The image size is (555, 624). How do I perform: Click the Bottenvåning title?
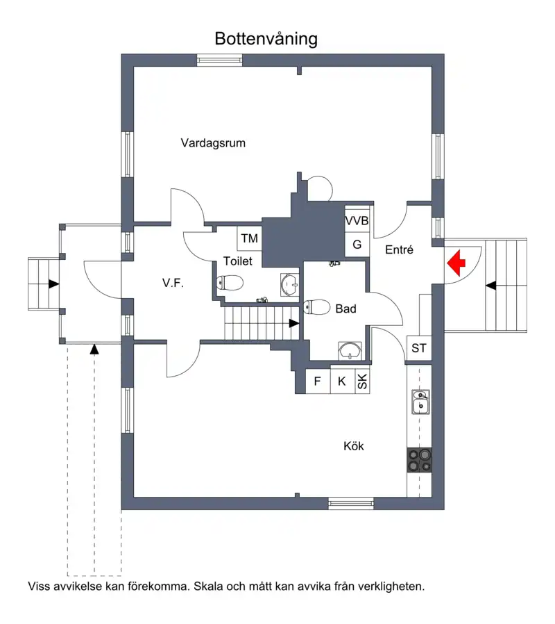click(266, 39)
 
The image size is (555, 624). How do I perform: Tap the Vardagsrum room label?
click(213, 143)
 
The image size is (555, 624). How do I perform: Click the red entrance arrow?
click(456, 263)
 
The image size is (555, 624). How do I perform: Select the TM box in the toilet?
click(250, 238)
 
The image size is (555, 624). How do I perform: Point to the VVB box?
click(357, 220)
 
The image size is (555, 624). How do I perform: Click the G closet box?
click(357, 245)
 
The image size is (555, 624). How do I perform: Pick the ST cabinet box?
click(419, 348)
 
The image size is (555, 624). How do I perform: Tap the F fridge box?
click(318, 381)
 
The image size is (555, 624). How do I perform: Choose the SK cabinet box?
click(362, 381)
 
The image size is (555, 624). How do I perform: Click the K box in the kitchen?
click(342, 381)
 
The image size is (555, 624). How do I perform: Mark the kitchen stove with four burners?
click(419, 460)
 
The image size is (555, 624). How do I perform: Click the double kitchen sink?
click(420, 402)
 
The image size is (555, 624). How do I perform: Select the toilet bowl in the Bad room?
click(316, 307)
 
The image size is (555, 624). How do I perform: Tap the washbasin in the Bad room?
click(350, 351)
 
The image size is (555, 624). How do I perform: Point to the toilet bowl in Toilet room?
click(230, 283)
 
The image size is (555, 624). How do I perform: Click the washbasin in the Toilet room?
click(289, 284)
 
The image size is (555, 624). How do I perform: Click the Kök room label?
click(354, 446)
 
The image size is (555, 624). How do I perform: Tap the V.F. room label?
click(173, 283)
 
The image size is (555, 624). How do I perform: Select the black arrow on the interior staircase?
click(294, 323)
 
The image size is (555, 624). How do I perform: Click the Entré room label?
click(400, 249)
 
